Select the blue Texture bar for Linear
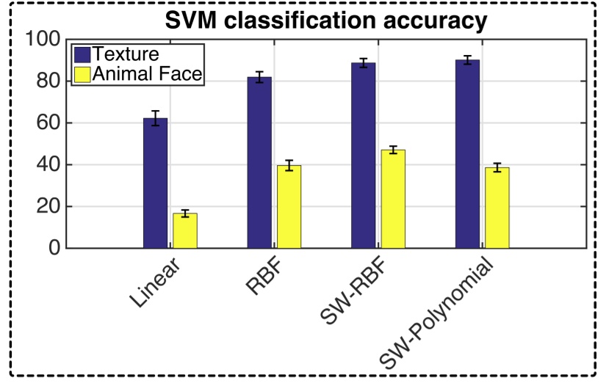coord(156,183)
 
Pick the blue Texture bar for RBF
coord(259,162)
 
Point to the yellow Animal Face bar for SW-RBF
coord(393,199)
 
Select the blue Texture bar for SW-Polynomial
coord(467,154)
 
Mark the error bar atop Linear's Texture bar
coord(156,118)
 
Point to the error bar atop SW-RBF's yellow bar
coord(393,150)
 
